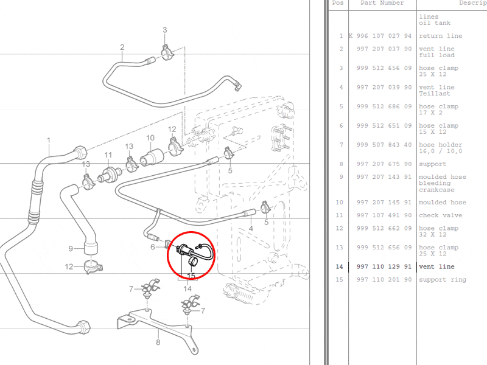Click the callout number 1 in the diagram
coord(49,141)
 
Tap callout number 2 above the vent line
coord(122,47)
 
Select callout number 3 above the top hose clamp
coord(164,30)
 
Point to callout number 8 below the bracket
coord(158,342)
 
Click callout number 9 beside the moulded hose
coord(71,249)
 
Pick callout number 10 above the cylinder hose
coord(150,138)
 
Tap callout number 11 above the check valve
coord(108,155)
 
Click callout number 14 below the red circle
coord(187,288)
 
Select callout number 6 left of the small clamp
coord(153,247)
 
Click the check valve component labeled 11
coord(110,175)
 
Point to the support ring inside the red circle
coord(192,262)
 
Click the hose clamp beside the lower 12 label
coord(93,267)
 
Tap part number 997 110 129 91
coord(384,266)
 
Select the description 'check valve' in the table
coord(440,215)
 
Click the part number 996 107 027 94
coord(380,36)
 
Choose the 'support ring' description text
coord(443,280)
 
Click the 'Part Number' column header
coord(382,3)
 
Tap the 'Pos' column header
coord(338,3)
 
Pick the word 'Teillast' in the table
coord(434,94)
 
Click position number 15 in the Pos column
coord(339,280)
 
